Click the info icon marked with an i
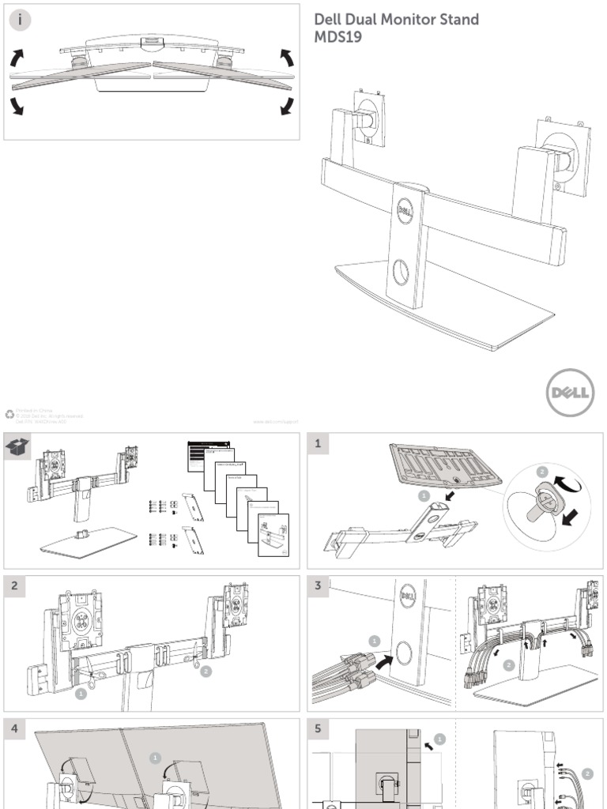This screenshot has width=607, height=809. pos(20,20)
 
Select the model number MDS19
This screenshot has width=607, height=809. pos(338,38)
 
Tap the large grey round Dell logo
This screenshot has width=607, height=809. pos(570,393)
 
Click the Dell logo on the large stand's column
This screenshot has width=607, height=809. pos(405,211)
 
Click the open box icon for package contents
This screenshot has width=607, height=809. pos(18,446)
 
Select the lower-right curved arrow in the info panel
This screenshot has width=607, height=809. pos(287,106)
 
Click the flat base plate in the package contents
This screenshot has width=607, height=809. pos(87,543)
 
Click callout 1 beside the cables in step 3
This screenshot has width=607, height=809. pos(375,641)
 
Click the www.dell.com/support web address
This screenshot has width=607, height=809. pos(276,422)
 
